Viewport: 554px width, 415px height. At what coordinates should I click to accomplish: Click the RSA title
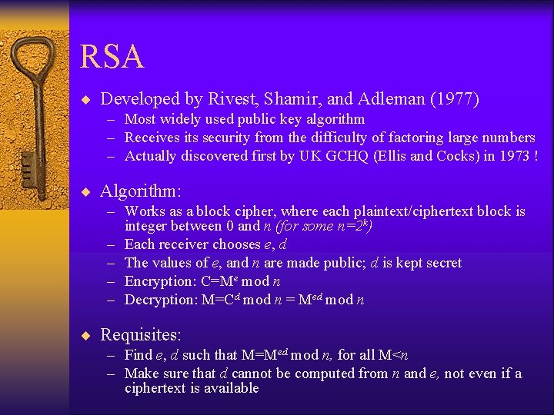coord(111,58)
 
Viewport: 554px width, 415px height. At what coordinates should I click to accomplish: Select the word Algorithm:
coord(140,191)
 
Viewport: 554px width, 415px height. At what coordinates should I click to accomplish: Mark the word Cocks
coord(449,156)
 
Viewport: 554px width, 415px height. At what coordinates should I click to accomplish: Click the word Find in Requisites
coord(138,355)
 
